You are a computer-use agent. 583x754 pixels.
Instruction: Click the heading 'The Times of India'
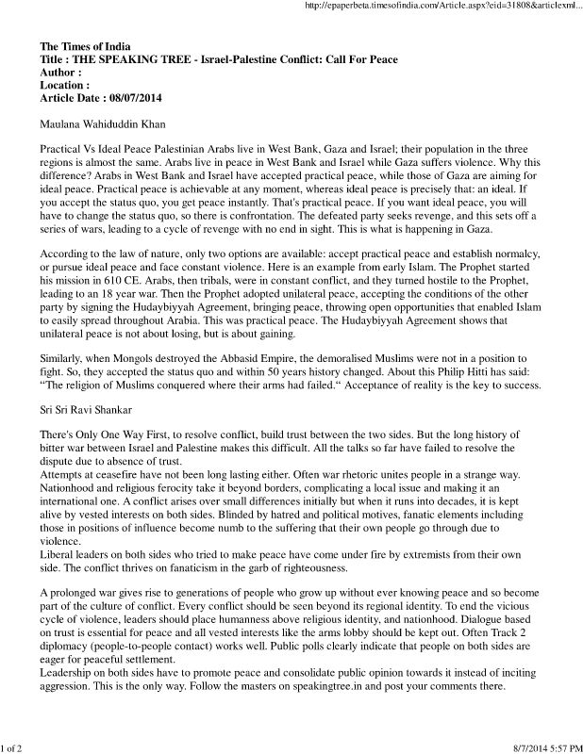(x=86, y=46)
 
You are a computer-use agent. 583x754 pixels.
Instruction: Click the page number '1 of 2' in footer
(x=14, y=746)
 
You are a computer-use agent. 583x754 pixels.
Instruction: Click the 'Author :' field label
(x=61, y=72)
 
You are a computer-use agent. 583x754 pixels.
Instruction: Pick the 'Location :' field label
(x=66, y=85)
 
